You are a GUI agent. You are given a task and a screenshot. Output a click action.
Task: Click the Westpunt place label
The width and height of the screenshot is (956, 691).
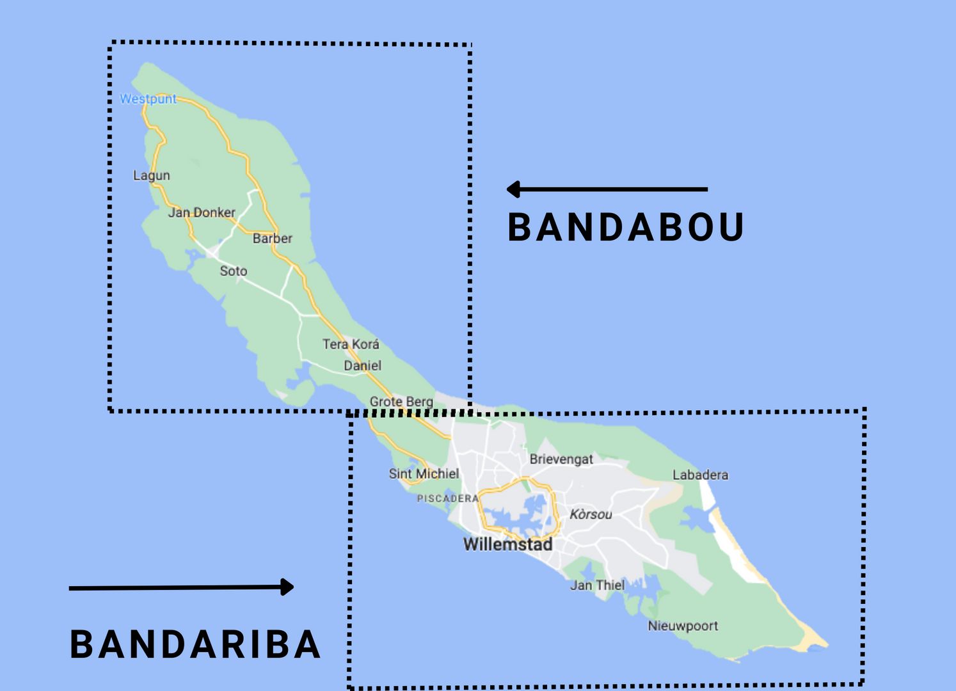[148, 99]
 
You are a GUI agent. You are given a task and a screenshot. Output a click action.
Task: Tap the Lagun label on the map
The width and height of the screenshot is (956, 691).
[152, 175]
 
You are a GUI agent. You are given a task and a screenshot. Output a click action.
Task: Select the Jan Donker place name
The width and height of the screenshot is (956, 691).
[202, 212]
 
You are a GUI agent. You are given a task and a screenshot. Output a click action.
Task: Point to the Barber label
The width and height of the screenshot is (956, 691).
[272, 239]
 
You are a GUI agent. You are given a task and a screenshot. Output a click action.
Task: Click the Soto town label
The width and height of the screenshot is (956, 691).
[234, 271]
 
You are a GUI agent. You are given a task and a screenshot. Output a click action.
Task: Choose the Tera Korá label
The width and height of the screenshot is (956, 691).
[351, 344]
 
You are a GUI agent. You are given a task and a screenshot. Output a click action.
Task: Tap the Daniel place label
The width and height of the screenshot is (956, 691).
[362, 366]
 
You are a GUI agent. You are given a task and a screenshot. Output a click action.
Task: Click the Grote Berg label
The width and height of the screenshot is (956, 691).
[401, 402]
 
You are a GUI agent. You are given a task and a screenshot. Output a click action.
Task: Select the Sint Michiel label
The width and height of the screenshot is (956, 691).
[424, 474]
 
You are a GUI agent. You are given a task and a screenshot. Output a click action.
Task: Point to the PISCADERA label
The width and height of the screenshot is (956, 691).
[448, 498]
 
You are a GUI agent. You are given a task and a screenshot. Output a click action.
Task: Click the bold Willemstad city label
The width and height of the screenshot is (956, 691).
[507, 544]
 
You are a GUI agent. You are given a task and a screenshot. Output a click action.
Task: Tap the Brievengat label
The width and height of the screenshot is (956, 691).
[561, 459]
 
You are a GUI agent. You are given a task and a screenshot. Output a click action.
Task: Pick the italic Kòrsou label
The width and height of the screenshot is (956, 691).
[591, 514]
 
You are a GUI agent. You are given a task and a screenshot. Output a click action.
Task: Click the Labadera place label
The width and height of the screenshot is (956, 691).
[700, 475]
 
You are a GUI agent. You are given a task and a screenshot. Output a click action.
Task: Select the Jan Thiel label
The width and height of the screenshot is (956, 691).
[597, 585]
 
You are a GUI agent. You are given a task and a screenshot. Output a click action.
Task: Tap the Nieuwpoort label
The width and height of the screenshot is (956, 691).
[683, 626]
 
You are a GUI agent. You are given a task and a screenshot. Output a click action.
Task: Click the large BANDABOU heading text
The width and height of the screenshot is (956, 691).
[626, 228]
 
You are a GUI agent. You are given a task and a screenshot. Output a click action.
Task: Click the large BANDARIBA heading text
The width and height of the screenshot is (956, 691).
[195, 644]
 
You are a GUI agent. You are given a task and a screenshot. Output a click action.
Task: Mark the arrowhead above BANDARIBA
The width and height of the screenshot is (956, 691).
[287, 587]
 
